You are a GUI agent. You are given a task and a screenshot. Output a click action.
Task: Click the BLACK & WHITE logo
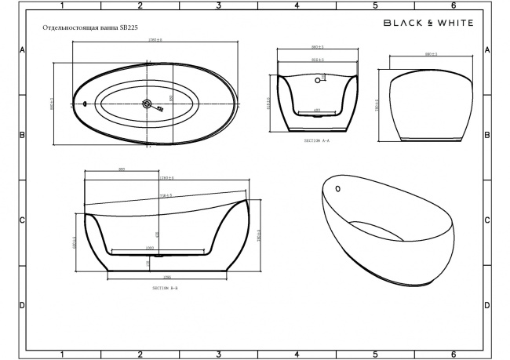coord(428,24)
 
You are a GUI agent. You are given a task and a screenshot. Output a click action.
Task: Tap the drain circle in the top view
coord(147,104)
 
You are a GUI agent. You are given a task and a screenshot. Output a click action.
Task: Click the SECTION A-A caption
coord(317,141)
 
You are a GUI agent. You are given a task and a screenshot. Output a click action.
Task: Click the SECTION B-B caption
coord(166,288)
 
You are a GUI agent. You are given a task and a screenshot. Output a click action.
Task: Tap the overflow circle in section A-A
coord(319,78)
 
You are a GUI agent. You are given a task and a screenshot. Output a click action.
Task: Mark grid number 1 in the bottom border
coord(61,355)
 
